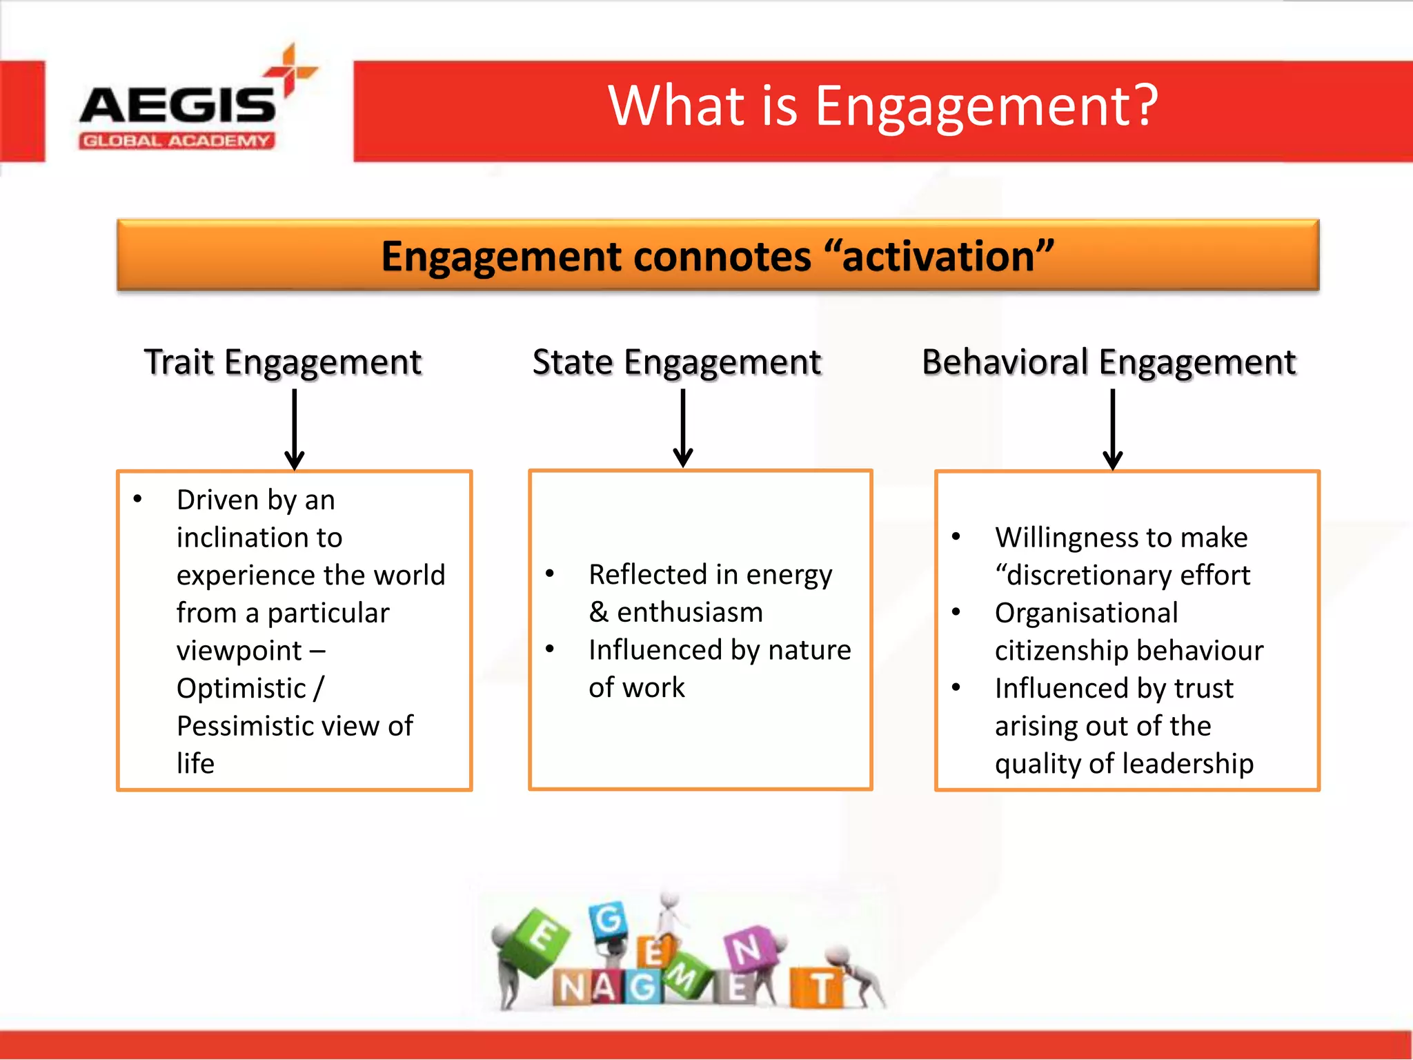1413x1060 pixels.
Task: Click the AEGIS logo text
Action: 177,106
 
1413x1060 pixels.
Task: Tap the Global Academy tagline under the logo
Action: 177,141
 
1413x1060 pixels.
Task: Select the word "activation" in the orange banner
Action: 938,257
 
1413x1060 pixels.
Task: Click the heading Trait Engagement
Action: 283,362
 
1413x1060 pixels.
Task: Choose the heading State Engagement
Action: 677,362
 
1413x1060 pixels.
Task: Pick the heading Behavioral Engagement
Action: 1109,362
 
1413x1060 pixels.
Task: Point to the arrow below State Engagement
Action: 683,428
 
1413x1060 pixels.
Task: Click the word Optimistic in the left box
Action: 241,689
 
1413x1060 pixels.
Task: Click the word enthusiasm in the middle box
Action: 689,613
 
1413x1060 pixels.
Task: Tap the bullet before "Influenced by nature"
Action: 550,649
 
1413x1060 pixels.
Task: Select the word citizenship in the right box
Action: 1056,651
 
